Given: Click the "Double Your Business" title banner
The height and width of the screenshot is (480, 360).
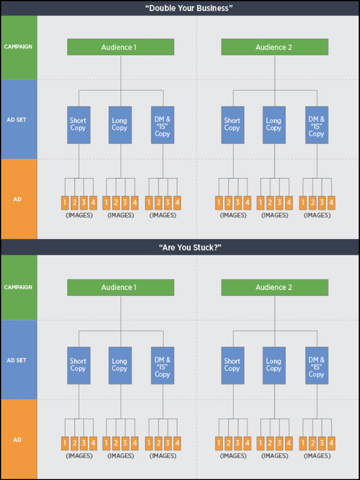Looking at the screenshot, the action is point(180,8).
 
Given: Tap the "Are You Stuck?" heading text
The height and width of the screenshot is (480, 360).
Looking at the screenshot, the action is point(190,247).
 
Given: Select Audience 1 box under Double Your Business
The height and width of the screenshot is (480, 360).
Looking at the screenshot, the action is point(120,47).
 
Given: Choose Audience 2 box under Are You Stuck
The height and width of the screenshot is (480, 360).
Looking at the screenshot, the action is point(275,288).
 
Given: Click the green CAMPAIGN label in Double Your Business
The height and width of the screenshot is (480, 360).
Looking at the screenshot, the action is point(18,47).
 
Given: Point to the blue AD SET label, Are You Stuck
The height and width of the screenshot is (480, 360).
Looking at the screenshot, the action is point(17,360).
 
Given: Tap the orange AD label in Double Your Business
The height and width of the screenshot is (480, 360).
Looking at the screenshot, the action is point(17,199).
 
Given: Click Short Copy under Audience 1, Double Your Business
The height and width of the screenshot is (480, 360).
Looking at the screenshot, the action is point(79,125).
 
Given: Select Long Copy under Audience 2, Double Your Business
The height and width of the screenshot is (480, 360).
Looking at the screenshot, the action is point(274,125).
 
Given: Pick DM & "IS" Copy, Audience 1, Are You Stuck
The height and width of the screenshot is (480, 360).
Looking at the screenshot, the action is point(163,366).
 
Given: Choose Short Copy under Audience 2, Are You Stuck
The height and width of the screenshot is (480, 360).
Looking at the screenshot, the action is point(233,366).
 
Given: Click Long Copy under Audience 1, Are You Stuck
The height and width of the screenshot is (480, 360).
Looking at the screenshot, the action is point(120,366).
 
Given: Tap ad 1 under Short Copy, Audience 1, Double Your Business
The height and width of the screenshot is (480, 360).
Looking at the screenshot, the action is point(65,202).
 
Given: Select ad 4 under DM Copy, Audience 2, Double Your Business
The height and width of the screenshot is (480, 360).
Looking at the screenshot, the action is point(331,202).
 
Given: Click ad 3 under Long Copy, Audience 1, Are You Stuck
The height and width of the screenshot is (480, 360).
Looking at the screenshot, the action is point(125,443).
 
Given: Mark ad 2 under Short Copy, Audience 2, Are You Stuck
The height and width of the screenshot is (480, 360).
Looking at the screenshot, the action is point(228,443).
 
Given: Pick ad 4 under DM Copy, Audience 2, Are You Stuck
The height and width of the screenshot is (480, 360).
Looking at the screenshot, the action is point(331,443).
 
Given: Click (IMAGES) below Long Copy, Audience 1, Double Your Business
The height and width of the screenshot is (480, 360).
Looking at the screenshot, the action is point(120,215).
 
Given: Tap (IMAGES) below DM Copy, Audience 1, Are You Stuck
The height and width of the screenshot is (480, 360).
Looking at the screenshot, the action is point(163,456).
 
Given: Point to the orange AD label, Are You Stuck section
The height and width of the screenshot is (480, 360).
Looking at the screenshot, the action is point(17,440).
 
